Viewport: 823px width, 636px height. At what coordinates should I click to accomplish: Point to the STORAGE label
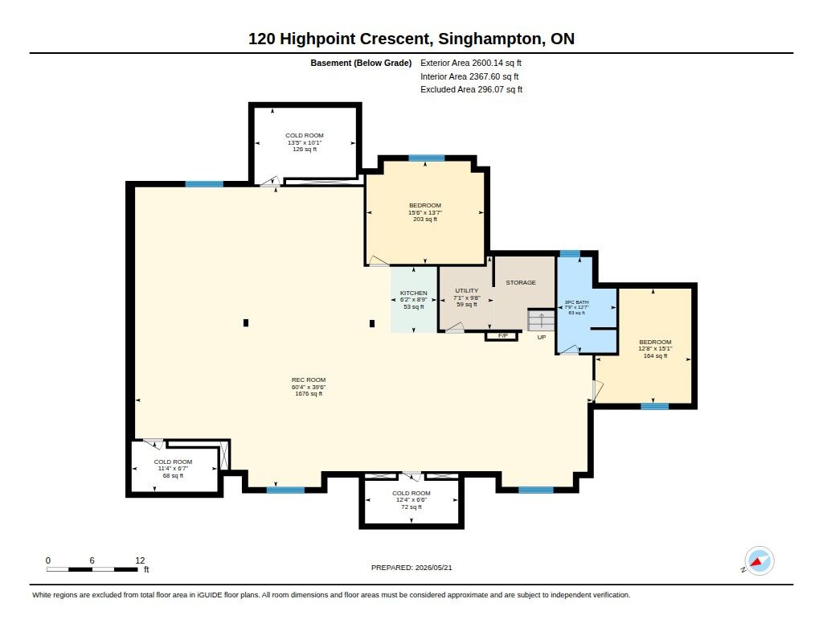point(521,282)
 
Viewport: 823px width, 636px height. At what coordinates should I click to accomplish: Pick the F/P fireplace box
point(502,335)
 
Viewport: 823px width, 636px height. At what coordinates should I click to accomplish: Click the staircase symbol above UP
point(541,320)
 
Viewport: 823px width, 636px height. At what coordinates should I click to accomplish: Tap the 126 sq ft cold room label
point(305,142)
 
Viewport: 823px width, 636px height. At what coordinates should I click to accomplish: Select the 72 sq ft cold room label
point(411,500)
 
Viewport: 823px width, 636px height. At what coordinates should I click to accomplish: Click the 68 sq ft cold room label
point(174,469)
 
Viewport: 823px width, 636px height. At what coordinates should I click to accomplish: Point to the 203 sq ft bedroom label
point(425,212)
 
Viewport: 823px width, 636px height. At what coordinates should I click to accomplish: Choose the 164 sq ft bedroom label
point(655,349)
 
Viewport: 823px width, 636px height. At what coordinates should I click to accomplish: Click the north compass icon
point(759,561)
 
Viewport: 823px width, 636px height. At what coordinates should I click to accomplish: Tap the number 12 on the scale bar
point(140,560)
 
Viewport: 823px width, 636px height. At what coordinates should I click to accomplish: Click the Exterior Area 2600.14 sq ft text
point(471,63)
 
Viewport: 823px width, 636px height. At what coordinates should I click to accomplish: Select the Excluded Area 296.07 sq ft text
point(471,90)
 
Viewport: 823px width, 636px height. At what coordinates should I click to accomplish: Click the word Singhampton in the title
point(490,39)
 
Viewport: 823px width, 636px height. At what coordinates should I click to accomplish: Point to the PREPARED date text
point(411,568)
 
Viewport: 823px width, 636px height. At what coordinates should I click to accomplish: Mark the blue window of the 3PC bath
point(570,254)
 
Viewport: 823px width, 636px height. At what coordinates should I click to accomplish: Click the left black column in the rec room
point(246,323)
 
